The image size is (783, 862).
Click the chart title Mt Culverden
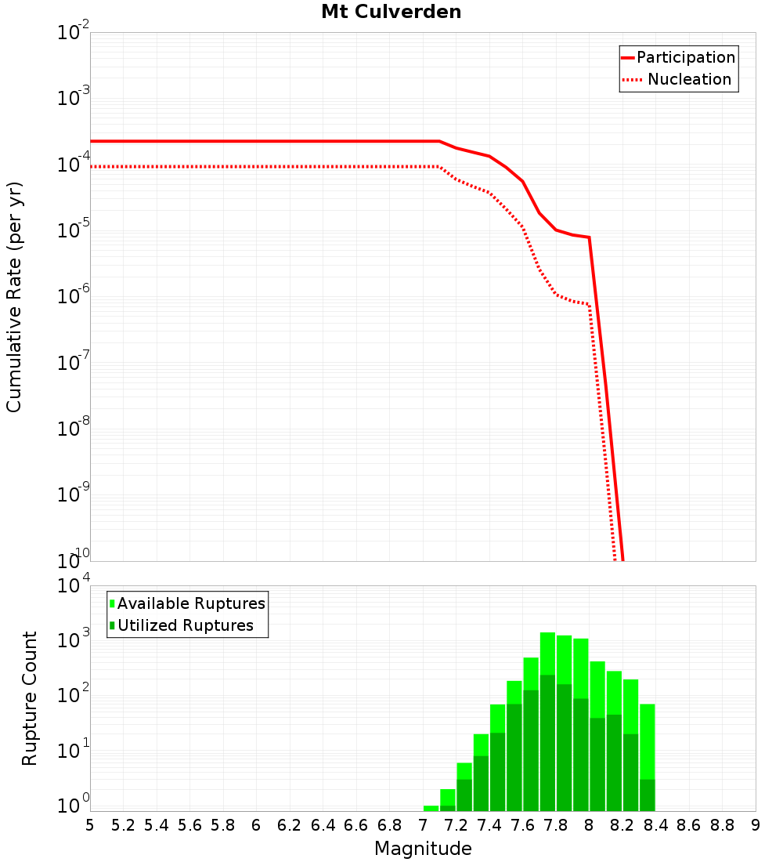[x=391, y=13]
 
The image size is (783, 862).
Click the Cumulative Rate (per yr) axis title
[x=14, y=297]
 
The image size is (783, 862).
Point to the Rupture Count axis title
[x=30, y=698]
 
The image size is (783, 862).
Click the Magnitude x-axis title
[x=423, y=849]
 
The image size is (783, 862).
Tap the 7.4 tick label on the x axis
[x=489, y=825]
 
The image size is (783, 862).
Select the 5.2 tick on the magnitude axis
[x=123, y=825]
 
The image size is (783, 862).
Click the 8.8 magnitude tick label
[x=722, y=825]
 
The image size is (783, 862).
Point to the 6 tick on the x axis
[x=256, y=825]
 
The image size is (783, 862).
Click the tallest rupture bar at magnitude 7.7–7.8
[x=548, y=721]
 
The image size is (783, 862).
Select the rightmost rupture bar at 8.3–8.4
[x=648, y=756]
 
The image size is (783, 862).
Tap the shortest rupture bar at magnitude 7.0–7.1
[x=431, y=808]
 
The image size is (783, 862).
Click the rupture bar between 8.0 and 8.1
[x=597, y=737]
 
